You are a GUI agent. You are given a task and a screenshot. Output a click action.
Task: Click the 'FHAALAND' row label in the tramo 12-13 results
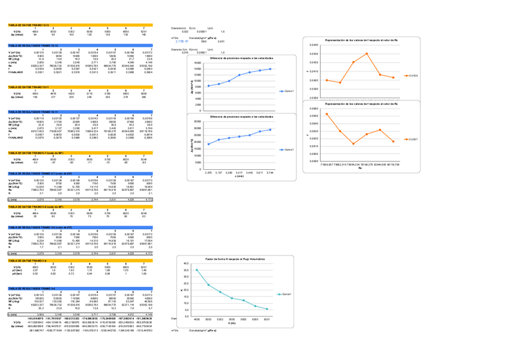point(16,73)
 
